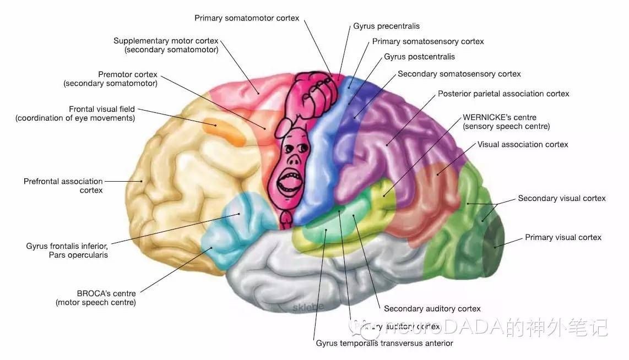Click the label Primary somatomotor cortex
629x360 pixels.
click(x=247, y=18)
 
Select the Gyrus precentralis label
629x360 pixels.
click(x=387, y=26)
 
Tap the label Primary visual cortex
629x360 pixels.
click(x=563, y=237)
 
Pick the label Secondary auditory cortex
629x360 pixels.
click(x=432, y=308)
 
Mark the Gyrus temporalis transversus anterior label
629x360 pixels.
click(x=384, y=343)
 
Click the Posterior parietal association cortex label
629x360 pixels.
click(x=503, y=94)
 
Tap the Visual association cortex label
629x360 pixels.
click(x=523, y=144)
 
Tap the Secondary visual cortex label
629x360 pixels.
click(x=561, y=198)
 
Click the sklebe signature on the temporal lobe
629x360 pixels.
click(x=308, y=306)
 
